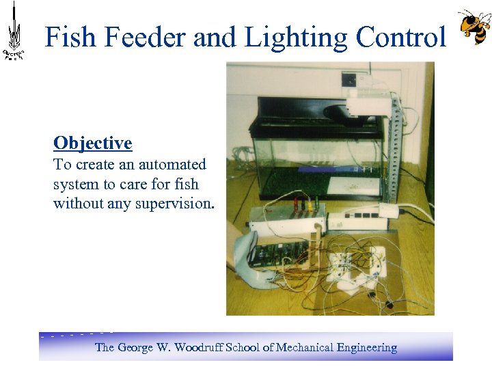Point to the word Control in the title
pyautogui.click(x=403, y=37)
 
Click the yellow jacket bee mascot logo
pyautogui.click(x=474, y=27)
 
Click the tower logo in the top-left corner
pyautogui.click(x=14, y=31)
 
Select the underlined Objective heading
pyautogui.click(x=92, y=143)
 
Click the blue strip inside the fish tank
pyautogui.click(x=321, y=169)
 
